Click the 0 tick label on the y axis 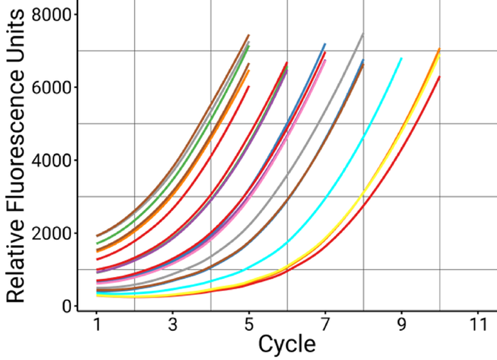click(65, 306)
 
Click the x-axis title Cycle click(286, 344)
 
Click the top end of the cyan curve click(401, 59)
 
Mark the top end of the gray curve click(363, 34)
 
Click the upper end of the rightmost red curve click(439, 77)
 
